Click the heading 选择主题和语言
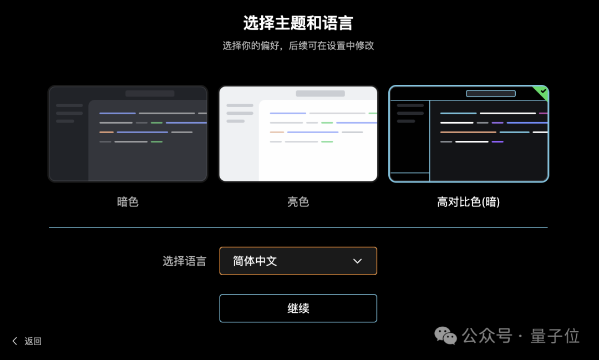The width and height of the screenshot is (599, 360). pyautogui.click(x=298, y=23)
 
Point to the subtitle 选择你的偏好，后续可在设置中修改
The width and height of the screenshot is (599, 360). pyautogui.click(x=298, y=45)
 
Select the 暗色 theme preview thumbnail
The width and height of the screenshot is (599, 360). pyautogui.click(x=128, y=134)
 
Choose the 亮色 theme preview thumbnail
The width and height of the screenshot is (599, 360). pyautogui.click(x=298, y=134)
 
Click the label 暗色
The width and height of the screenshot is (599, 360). pyautogui.click(x=128, y=202)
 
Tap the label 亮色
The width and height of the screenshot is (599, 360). pyautogui.click(x=298, y=202)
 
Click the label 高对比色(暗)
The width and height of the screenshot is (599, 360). pyautogui.click(x=469, y=202)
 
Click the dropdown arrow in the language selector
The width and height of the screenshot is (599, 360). pyautogui.click(x=358, y=261)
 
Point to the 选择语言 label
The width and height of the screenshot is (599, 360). pyautogui.click(x=184, y=261)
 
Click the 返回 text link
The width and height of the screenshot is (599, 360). pyautogui.click(x=33, y=341)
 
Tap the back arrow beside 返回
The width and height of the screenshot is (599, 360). pyautogui.click(x=15, y=341)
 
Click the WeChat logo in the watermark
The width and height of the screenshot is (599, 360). pyautogui.click(x=445, y=336)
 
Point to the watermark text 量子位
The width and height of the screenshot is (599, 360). pyautogui.click(x=555, y=336)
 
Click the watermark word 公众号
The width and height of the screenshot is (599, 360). pyautogui.click(x=487, y=336)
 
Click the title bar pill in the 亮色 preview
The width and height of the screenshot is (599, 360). pyautogui.click(x=320, y=94)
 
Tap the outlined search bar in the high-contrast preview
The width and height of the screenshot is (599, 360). pyautogui.click(x=491, y=94)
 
